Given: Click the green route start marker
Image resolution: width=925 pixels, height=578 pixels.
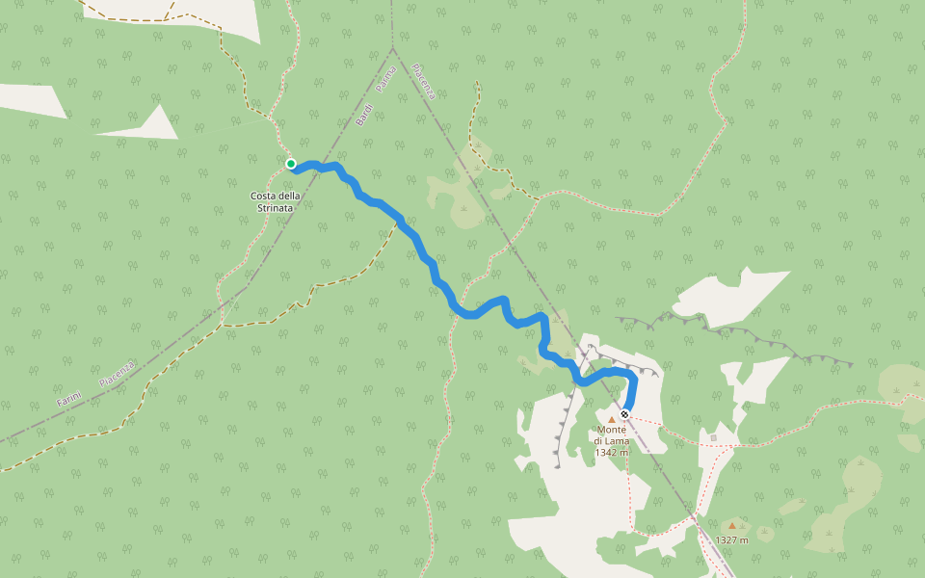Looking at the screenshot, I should [x=291, y=164].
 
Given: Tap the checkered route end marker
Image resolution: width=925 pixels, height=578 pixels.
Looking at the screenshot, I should [x=624, y=414].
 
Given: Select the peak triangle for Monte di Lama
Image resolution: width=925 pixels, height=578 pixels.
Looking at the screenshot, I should [x=611, y=419].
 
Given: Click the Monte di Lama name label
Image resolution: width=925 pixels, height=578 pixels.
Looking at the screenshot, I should [x=612, y=435].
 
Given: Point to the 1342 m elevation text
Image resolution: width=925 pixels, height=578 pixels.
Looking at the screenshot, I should [x=612, y=452].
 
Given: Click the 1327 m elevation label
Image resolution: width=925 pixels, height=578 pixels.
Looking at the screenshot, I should [x=732, y=540].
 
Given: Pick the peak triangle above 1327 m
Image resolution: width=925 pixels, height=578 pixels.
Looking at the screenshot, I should [x=732, y=526].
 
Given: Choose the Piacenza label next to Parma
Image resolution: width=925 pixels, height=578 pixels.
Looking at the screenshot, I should [x=424, y=82].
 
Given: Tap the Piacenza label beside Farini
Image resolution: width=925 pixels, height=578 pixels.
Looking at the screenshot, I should [x=117, y=373].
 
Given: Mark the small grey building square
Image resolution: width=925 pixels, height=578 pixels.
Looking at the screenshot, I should [x=714, y=437].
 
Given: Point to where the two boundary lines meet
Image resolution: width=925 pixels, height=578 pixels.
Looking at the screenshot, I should [x=393, y=48].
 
